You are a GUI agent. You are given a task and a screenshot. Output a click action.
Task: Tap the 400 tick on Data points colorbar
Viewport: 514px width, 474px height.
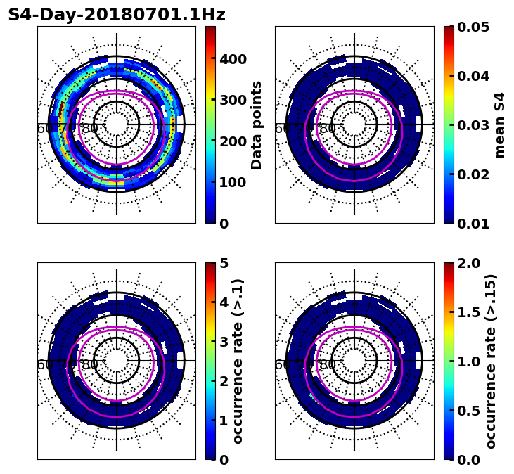[x=233, y=59]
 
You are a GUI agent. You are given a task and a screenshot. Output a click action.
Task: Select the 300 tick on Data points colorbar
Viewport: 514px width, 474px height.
[x=233, y=100]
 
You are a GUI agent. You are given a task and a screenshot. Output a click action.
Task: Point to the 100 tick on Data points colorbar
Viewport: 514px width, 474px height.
[x=233, y=182]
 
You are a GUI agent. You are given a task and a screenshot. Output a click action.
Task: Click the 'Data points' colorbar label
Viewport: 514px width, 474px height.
[x=257, y=124]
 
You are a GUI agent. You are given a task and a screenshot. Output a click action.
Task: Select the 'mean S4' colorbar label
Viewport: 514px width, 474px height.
[x=500, y=124]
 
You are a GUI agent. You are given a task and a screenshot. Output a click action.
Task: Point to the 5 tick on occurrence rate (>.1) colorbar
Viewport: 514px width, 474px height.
[x=224, y=264]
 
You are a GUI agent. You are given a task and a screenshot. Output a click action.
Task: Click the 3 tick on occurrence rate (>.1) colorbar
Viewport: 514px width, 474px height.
[x=224, y=342]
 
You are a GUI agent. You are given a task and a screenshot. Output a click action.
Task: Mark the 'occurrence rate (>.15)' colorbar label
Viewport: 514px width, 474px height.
[x=491, y=361]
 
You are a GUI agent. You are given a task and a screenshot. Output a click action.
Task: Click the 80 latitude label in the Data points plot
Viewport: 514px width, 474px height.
[x=89, y=129]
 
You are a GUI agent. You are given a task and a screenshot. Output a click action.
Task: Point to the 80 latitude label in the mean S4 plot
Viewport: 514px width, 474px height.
[x=327, y=129]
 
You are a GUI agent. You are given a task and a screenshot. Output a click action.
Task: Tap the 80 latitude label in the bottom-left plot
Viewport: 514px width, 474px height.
[x=89, y=365]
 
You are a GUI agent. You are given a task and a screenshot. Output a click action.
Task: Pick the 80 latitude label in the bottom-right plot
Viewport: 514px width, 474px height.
[x=327, y=365]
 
